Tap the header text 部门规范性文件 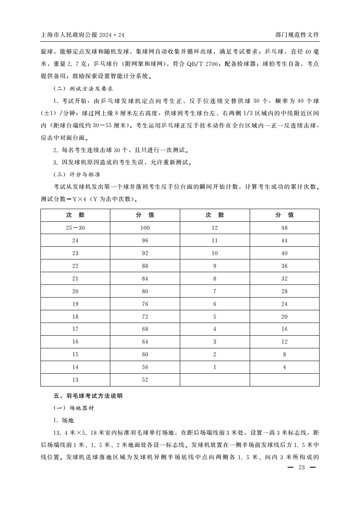click(297, 34)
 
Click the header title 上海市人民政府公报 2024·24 click(82, 34)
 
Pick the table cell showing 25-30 click(75, 228)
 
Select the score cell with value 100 click(145, 228)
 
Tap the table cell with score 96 click(145, 240)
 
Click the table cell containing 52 click(145, 380)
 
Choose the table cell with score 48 click(284, 228)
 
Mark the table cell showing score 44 click(284, 240)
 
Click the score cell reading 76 click(145, 303)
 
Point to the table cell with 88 click(145, 266)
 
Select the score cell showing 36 click(284, 266)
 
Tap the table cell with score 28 click(284, 291)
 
